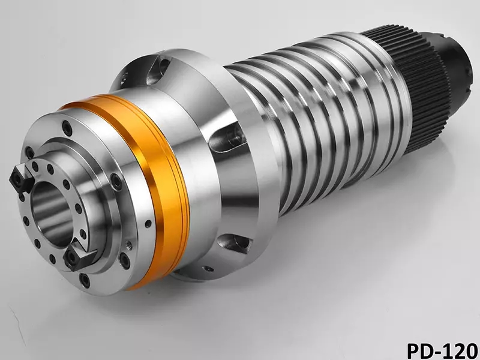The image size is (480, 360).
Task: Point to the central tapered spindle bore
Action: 52,214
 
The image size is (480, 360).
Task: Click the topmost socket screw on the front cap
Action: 67,128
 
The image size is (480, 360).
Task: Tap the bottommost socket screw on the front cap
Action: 85,280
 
